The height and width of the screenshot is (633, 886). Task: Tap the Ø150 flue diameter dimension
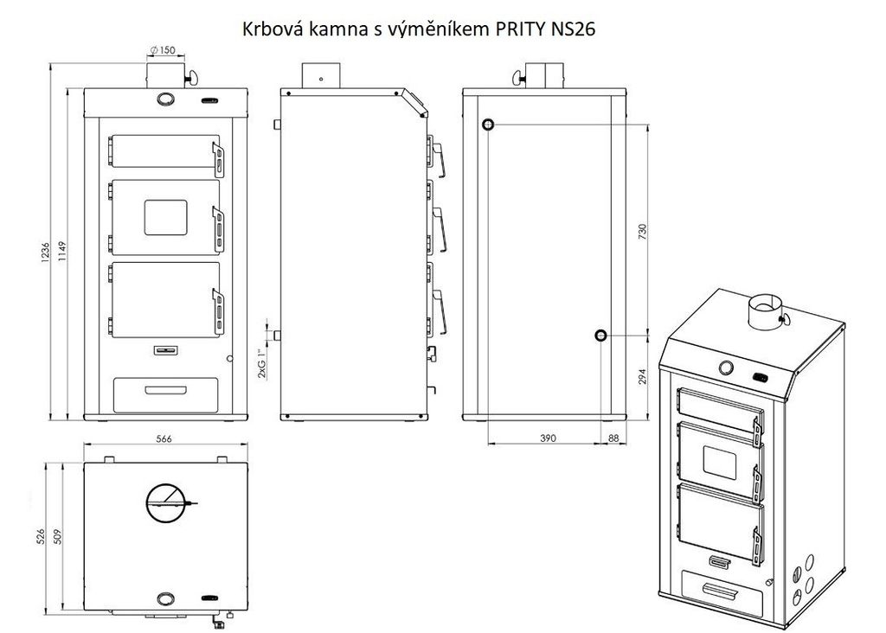tap(164, 50)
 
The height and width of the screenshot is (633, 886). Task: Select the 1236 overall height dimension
tap(46, 253)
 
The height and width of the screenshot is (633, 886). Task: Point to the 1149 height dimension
tap(62, 253)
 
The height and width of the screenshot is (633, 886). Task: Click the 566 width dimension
tap(164, 438)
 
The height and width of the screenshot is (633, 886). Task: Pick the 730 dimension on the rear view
tap(642, 231)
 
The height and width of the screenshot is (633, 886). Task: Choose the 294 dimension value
tap(642, 377)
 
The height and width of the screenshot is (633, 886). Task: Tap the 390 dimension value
tap(548, 438)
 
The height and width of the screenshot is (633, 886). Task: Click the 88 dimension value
tap(613, 438)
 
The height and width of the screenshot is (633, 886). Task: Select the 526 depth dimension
tap(40, 536)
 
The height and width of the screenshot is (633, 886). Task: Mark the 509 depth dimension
tap(56, 536)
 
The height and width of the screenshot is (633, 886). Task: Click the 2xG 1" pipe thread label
tap(262, 362)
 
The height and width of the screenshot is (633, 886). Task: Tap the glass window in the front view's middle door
tap(165, 217)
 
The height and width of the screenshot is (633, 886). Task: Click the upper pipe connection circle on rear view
tap(488, 125)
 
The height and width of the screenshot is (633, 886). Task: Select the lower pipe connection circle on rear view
tap(600, 336)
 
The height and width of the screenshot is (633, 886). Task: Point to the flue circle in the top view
tap(146, 502)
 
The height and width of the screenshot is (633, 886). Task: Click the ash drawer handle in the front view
tap(165, 390)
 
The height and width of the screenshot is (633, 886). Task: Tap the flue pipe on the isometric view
tap(764, 312)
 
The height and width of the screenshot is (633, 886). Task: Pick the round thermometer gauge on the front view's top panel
tap(165, 99)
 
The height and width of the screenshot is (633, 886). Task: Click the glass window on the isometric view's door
tap(719, 461)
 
